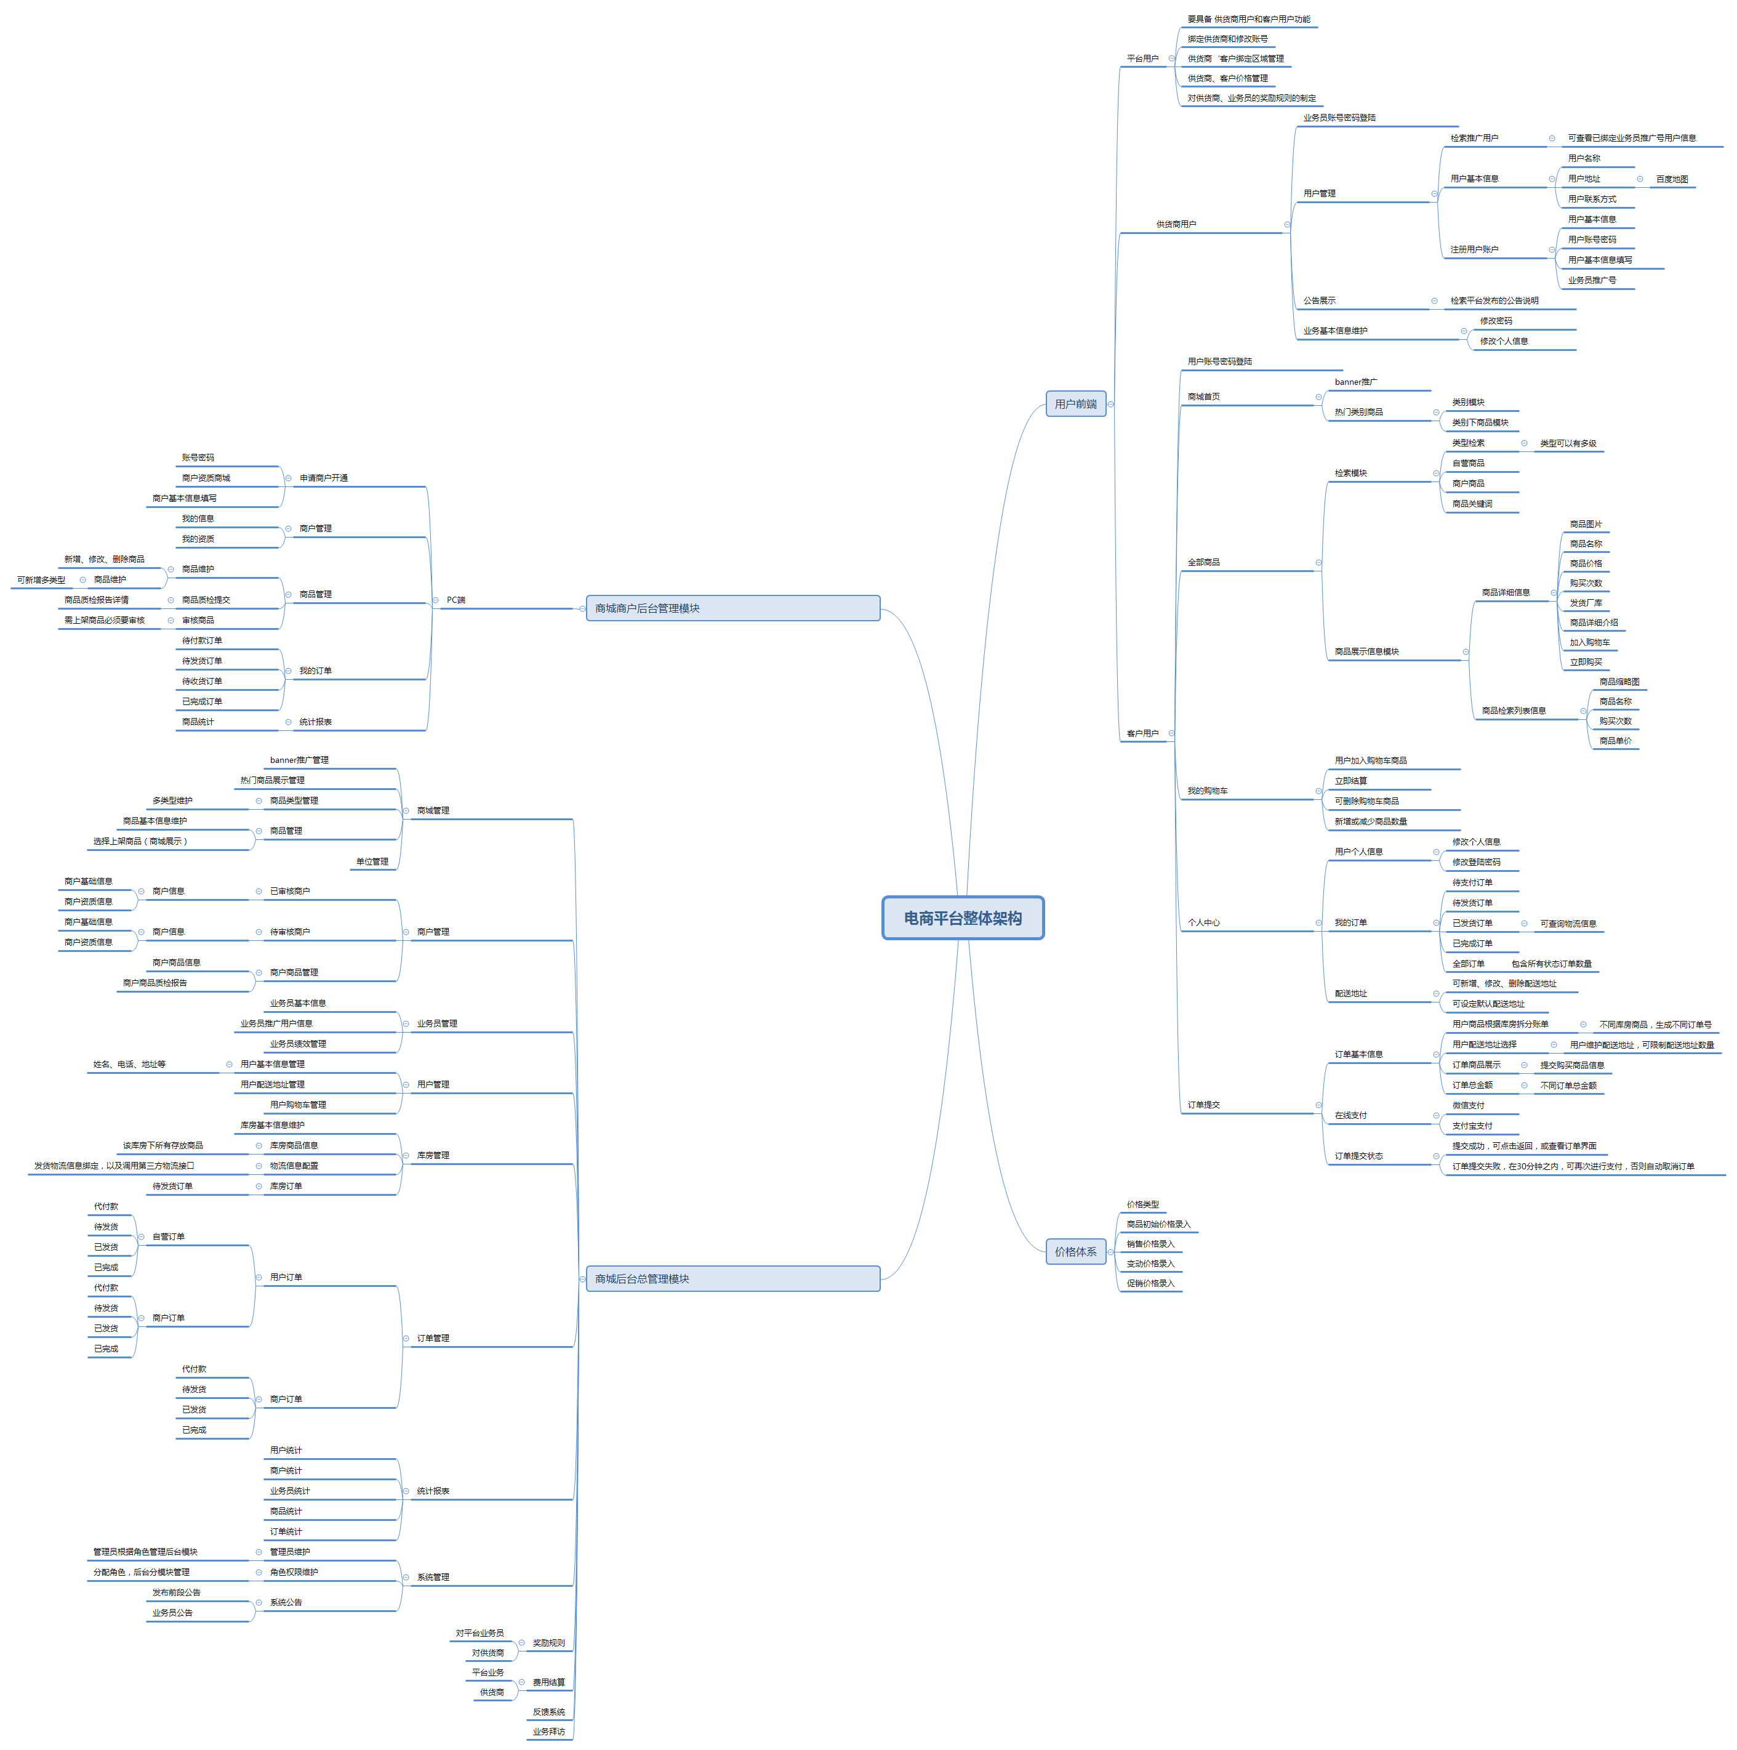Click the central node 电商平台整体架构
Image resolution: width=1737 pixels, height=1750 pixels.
click(962, 917)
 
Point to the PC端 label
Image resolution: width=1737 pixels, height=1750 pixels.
click(455, 600)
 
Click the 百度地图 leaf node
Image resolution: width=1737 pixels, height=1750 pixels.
click(1672, 179)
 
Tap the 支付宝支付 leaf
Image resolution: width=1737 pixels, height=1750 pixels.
click(1472, 1126)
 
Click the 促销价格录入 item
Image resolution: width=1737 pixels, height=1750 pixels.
click(1150, 1283)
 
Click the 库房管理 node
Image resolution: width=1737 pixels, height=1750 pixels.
click(433, 1156)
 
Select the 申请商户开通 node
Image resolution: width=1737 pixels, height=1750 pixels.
click(323, 478)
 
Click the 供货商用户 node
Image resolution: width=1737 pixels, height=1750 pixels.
click(1176, 225)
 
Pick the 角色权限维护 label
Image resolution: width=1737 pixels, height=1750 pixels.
click(294, 1573)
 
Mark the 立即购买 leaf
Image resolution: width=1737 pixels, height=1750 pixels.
click(1586, 662)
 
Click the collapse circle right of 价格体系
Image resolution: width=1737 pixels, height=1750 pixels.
click(1111, 1252)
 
